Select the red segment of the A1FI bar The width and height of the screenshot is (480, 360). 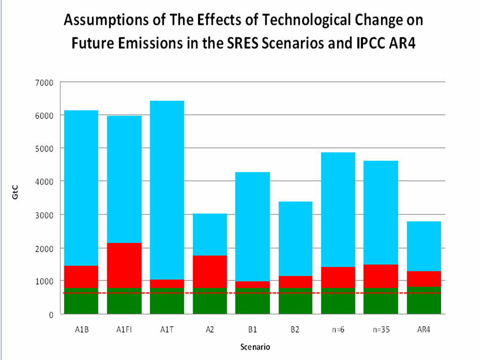[124, 265]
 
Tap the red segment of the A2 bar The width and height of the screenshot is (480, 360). [210, 272]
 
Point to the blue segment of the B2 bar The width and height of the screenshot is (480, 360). [295, 239]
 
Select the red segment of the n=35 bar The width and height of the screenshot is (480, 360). [381, 276]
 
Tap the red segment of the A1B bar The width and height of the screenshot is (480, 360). [81, 277]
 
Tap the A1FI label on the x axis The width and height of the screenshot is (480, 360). [124, 329]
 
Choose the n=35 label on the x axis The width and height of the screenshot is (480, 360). [381, 329]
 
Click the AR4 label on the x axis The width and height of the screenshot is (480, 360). [424, 329]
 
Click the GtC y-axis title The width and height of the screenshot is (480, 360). [15, 198]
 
